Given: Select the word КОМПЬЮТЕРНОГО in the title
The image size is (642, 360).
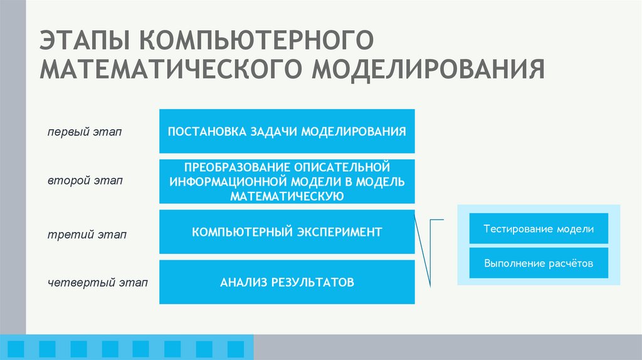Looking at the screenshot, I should pyautogui.click(x=258, y=41).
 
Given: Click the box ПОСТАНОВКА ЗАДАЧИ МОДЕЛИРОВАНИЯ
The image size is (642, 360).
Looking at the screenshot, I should pyautogui.click(x=287, y=131).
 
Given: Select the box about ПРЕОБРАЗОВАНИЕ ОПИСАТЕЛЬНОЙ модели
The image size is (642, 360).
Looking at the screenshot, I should pyautogui.click(x=287, y=181).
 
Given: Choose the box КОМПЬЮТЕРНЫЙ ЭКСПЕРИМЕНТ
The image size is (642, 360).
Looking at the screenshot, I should pyautogui.click(x=287, y=232).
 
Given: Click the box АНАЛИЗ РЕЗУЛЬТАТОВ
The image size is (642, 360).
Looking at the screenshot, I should pyautogui.click(x=287, y=282).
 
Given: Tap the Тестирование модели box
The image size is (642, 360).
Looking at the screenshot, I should pyautogui.click(x=539, y=229).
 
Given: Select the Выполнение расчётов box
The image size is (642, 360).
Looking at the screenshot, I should pyautogui.click(x=539, y=263).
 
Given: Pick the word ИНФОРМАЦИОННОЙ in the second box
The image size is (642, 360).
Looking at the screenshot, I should pyautogui.click(x=226, y=182).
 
